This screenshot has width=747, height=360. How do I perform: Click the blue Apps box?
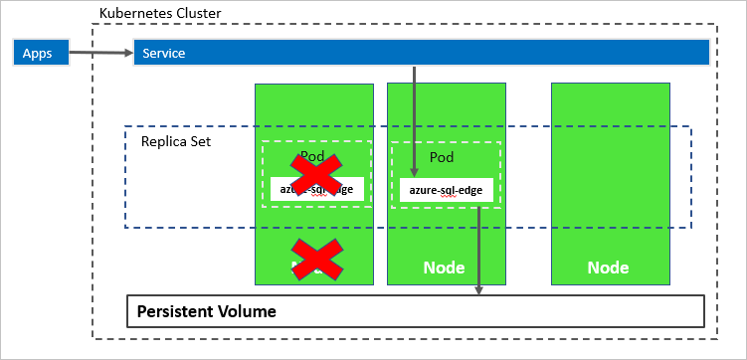tap(38, 53)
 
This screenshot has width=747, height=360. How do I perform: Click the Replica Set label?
tap(176, 141)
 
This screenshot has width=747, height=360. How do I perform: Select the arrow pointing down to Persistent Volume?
tap(478, 249)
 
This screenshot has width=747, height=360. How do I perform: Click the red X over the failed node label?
tap(315, 259)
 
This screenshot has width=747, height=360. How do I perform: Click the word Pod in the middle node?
tap(441, 157)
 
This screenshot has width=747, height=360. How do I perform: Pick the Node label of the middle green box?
tap(444, 268)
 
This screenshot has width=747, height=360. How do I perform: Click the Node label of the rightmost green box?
tap(608, 268)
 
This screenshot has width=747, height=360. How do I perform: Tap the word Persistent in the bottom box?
tap(173, 311)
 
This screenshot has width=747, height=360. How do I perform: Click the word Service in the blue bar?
tap(164, 53)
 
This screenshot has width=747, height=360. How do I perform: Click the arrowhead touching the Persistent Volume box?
tap(478, 289)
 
